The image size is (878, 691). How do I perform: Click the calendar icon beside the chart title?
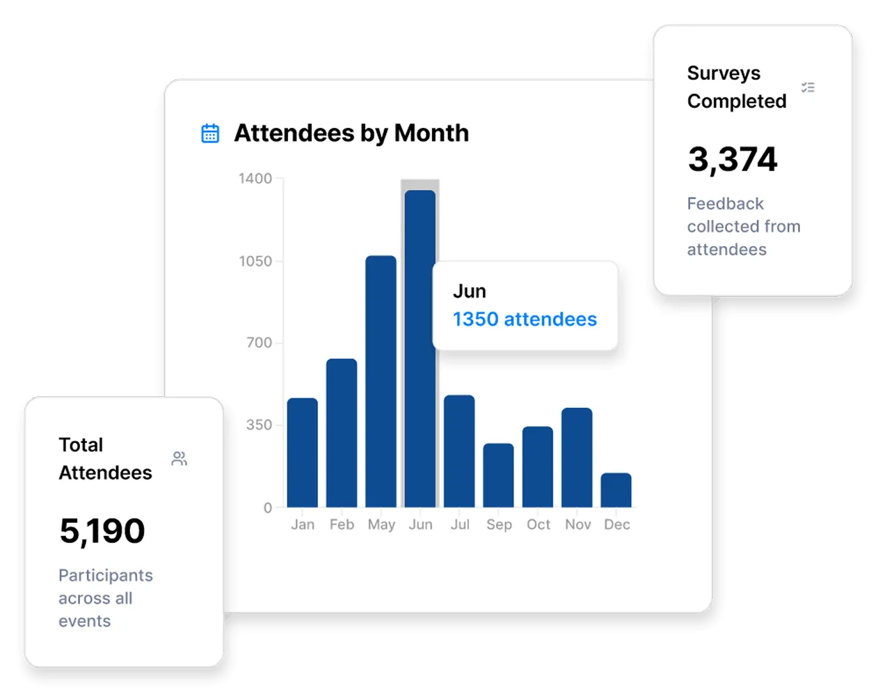(210, 133)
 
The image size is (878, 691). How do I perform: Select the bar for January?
(303, 453)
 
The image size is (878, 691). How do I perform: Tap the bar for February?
(342, 433)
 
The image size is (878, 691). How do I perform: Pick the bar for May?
(381, 382)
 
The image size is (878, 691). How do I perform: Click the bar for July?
(459, 451)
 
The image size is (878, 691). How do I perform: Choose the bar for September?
(498, 475)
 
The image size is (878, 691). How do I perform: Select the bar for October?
(537, 466)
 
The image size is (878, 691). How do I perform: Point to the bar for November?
(577, 457)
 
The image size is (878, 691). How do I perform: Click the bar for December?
(616, 490)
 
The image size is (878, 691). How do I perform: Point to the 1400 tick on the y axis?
(255, 179)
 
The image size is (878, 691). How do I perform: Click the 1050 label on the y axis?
(255, 261)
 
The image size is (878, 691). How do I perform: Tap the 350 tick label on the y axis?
(259, 425)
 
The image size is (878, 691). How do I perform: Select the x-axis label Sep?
(499, 525)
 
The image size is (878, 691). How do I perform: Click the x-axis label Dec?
(617, 524)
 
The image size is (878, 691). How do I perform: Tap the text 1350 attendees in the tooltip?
(525, 319)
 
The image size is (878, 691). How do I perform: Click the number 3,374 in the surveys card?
(733, 159)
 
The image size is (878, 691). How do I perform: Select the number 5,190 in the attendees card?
(102, 531)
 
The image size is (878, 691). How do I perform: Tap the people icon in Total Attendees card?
(179, 459)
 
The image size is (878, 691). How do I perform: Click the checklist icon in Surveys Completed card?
(808, 87)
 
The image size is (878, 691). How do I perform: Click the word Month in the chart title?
(431, 133)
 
